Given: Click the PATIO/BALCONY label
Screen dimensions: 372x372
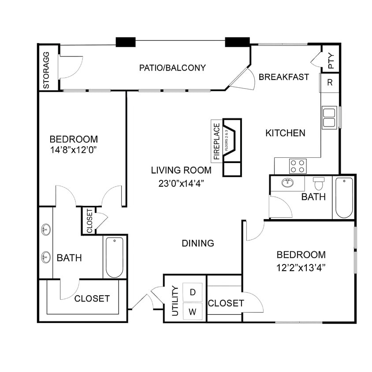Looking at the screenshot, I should coord(172,68).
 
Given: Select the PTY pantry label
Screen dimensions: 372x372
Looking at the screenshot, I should coord(331,61).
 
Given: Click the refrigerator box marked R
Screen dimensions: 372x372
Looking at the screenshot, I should coord(329,83).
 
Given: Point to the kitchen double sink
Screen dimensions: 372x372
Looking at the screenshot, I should coord(329,117).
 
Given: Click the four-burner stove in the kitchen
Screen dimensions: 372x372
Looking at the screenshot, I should coord(298,166).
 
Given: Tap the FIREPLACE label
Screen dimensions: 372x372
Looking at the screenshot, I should coord(216,141).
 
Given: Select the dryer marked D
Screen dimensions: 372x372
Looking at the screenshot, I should coord(192,292).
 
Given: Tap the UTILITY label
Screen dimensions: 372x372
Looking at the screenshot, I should coord(175,301).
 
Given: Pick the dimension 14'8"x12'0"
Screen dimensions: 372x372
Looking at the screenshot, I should coord(74,150).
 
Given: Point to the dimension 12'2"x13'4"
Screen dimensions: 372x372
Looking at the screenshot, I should coord(301,267).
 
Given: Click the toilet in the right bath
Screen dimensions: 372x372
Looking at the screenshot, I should coord(319,183).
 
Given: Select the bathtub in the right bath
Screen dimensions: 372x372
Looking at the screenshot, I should coord(344,197).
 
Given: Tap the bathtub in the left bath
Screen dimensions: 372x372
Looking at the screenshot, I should coord(115,257).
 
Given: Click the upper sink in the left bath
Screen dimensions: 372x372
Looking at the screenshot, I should coord(46,229).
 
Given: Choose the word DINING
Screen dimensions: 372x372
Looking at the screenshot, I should coord(198,243).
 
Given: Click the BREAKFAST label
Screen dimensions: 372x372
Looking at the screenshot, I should coord(284,77).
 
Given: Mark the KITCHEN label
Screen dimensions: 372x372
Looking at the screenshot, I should coord(285,133).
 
